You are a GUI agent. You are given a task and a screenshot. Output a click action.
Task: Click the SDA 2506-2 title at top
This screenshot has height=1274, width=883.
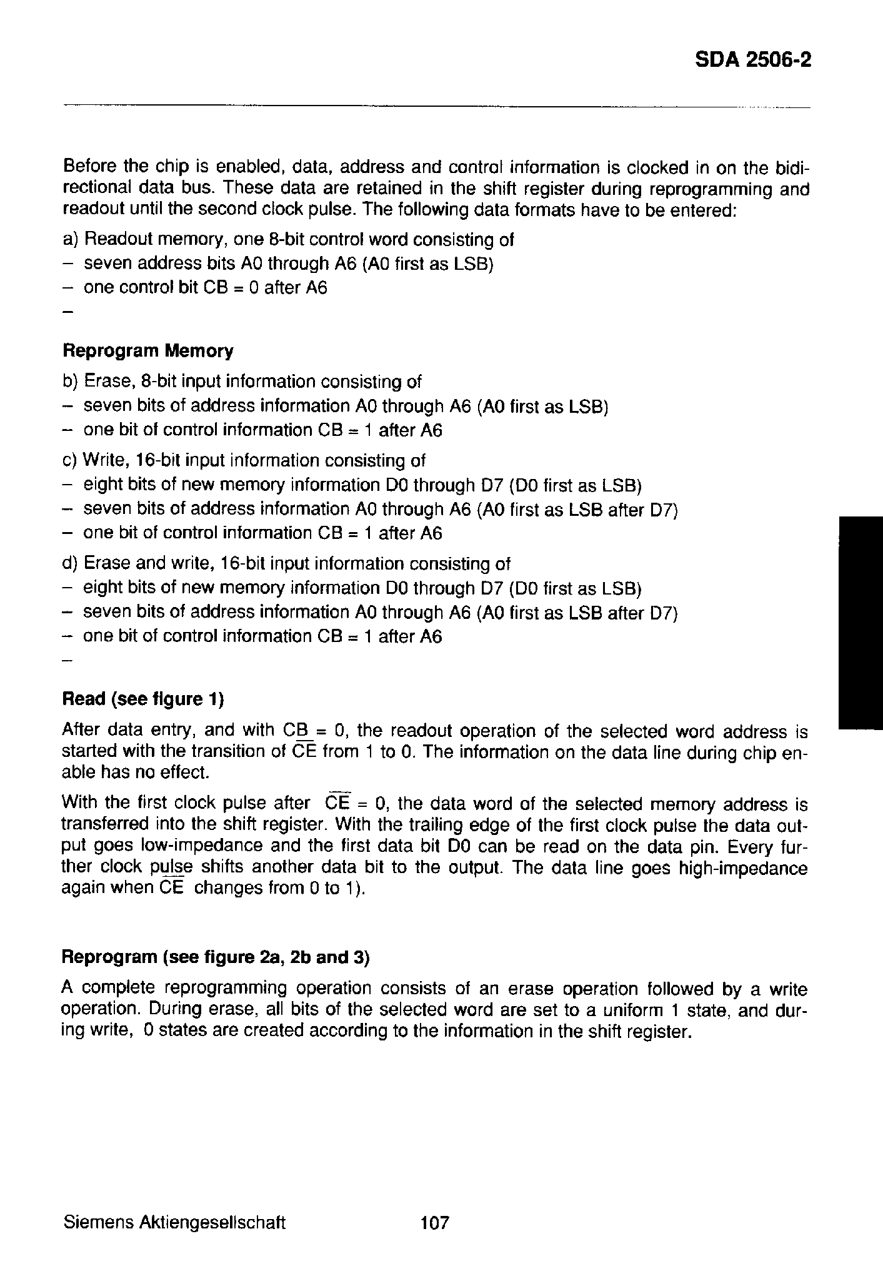pos(753,60)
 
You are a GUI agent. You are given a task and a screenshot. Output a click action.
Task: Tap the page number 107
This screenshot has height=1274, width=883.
pos(435,1222)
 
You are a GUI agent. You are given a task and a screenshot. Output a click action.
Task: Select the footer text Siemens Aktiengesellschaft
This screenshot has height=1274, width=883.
pos(174,1222)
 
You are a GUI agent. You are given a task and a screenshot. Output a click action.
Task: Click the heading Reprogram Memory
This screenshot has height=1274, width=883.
pos(148,351)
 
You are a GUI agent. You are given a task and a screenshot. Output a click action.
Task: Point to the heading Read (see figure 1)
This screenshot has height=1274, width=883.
pos(143,699)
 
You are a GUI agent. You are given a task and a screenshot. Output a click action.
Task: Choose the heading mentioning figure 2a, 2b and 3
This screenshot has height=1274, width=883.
pos(216,957)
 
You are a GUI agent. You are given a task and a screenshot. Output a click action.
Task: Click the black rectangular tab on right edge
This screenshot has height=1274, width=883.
pos(860,622)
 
